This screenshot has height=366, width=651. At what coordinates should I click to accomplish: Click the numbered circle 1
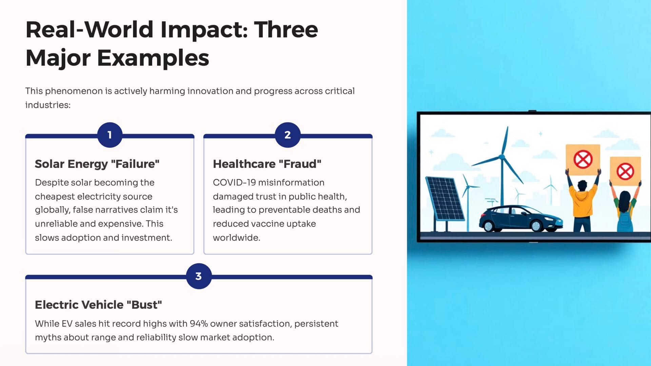click(110, 135)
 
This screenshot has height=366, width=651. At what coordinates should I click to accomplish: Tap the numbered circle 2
click(288, 135)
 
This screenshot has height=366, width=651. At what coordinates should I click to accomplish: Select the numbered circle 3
click(199, 276)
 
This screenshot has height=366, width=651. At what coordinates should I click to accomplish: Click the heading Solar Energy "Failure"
click(97, 164)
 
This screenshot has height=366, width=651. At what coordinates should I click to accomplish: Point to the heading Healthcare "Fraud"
click(267, 164)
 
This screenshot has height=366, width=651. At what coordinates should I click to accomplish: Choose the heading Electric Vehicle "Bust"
click(98, 305)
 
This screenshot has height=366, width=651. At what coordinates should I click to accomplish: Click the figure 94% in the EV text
click(199, 324)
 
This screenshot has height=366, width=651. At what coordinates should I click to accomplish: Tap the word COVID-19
click(234, 183)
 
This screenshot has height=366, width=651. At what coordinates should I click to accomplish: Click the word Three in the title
click(286, 29)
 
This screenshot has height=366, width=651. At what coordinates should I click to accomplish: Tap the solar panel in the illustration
click(445, 198)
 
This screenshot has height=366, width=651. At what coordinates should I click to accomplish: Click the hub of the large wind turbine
click(501, 157)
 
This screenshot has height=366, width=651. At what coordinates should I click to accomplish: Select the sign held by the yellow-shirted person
click(583, 160)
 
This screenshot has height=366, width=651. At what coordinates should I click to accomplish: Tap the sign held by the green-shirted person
click(625, 171)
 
